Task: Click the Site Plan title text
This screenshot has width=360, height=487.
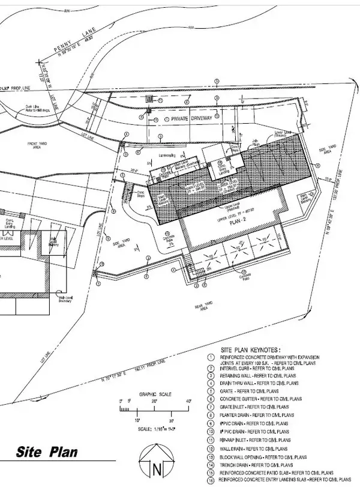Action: coord(47,452)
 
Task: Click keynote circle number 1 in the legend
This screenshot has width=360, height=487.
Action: coord(210,357)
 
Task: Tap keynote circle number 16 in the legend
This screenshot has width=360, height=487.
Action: coord(210,481)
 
